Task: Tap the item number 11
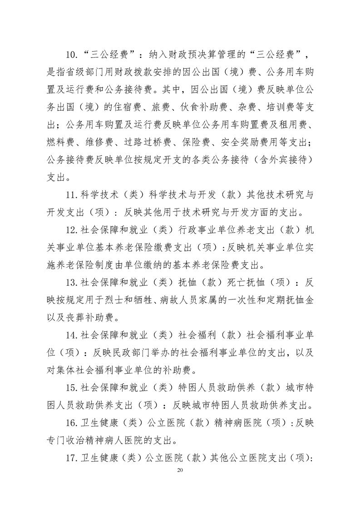[x=72, y=196]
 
